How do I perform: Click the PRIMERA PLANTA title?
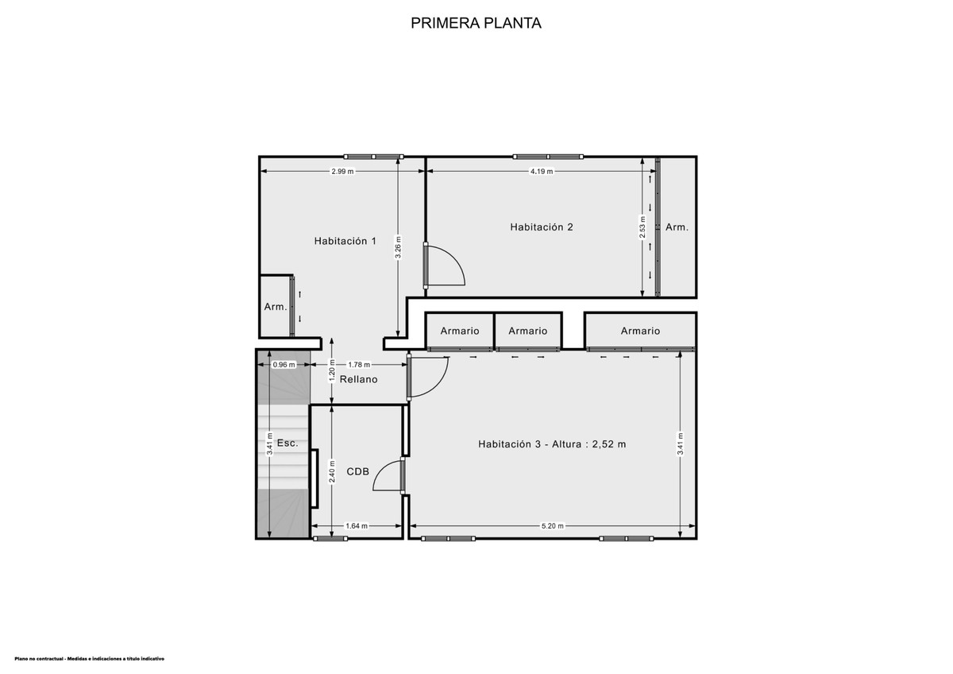coord(476,23)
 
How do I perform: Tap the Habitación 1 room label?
coord(345,241)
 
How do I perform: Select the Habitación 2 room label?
coord(542,227)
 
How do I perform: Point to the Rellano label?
coord(358,379)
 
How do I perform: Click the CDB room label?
coord(358,471)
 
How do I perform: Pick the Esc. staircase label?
coord(287,443)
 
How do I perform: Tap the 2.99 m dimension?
coord(342,172)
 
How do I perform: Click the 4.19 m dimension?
coord(542,172)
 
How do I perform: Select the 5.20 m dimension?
coord(552,526)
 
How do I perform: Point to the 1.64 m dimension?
coord(357,526)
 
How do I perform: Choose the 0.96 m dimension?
coord(284,365)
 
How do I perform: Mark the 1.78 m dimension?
coord(359,365)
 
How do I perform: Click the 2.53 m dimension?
coord(642,227)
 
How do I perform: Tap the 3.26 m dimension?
coord(398,247)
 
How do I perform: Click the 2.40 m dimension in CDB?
coord(332,471)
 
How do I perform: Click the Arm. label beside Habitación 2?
coord(677,227)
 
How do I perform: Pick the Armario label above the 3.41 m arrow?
coord(640,331)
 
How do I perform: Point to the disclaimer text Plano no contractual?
coord(89,659)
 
